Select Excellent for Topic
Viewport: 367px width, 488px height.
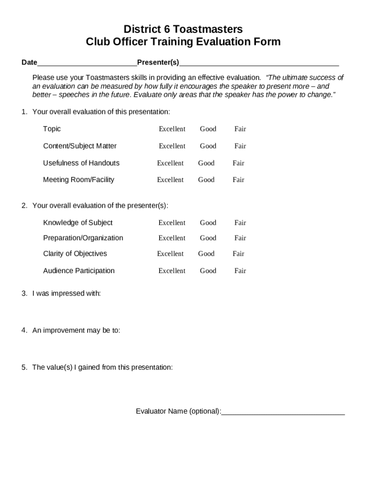tap(172, 129)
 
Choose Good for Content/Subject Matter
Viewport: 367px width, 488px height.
tap(208, 146)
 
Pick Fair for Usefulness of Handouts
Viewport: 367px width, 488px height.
tap(238, 163)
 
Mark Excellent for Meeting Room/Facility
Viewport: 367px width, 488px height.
tap(170, 180)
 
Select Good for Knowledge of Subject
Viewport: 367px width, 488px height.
tap(208, 223)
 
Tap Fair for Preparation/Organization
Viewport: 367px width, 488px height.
tap(240, 238)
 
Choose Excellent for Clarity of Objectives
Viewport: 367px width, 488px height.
tap(170, 254)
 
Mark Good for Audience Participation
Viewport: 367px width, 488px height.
tap(208, 271)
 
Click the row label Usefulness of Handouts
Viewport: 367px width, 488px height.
tap(81, 163)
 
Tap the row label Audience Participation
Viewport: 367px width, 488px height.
tap(79, 271)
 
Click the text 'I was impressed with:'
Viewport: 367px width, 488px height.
tap(66, 294)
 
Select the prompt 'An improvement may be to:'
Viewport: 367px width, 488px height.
tap(76, 330)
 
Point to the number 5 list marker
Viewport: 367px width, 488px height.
tap(24, 367)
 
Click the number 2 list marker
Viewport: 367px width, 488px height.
tap(24, 205)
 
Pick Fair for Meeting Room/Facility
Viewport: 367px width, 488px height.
tap(238, 180)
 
